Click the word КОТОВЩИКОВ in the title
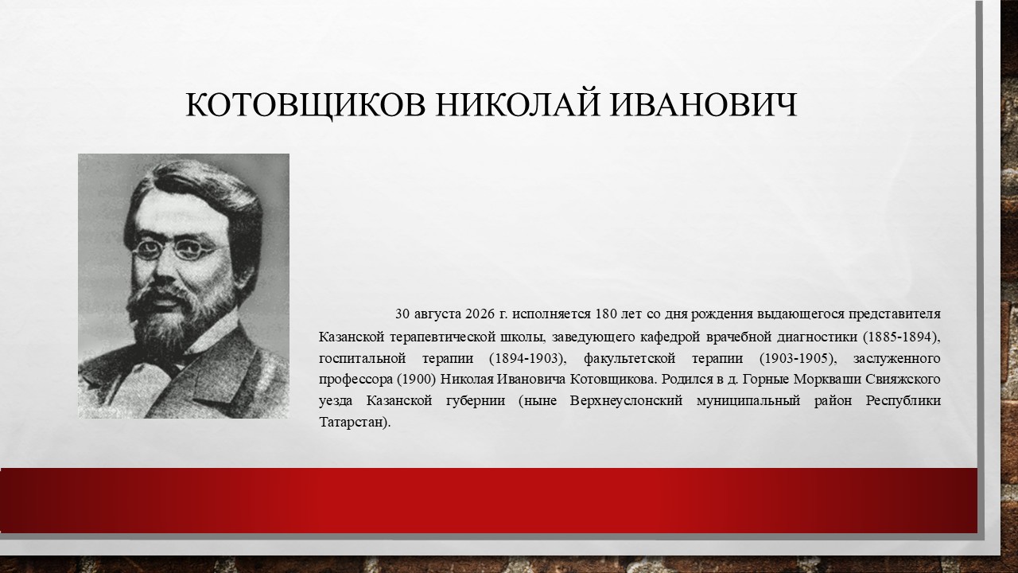[x=305, y=106]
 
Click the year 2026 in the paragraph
[x=480, y=314]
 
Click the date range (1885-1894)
[x=901, y=337]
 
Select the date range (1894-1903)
[x=527, y=358]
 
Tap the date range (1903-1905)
[x=798, y=358]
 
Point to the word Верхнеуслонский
[x=626, y=401]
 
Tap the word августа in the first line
[x=437, y=314]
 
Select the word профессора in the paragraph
[x=356, y=380]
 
